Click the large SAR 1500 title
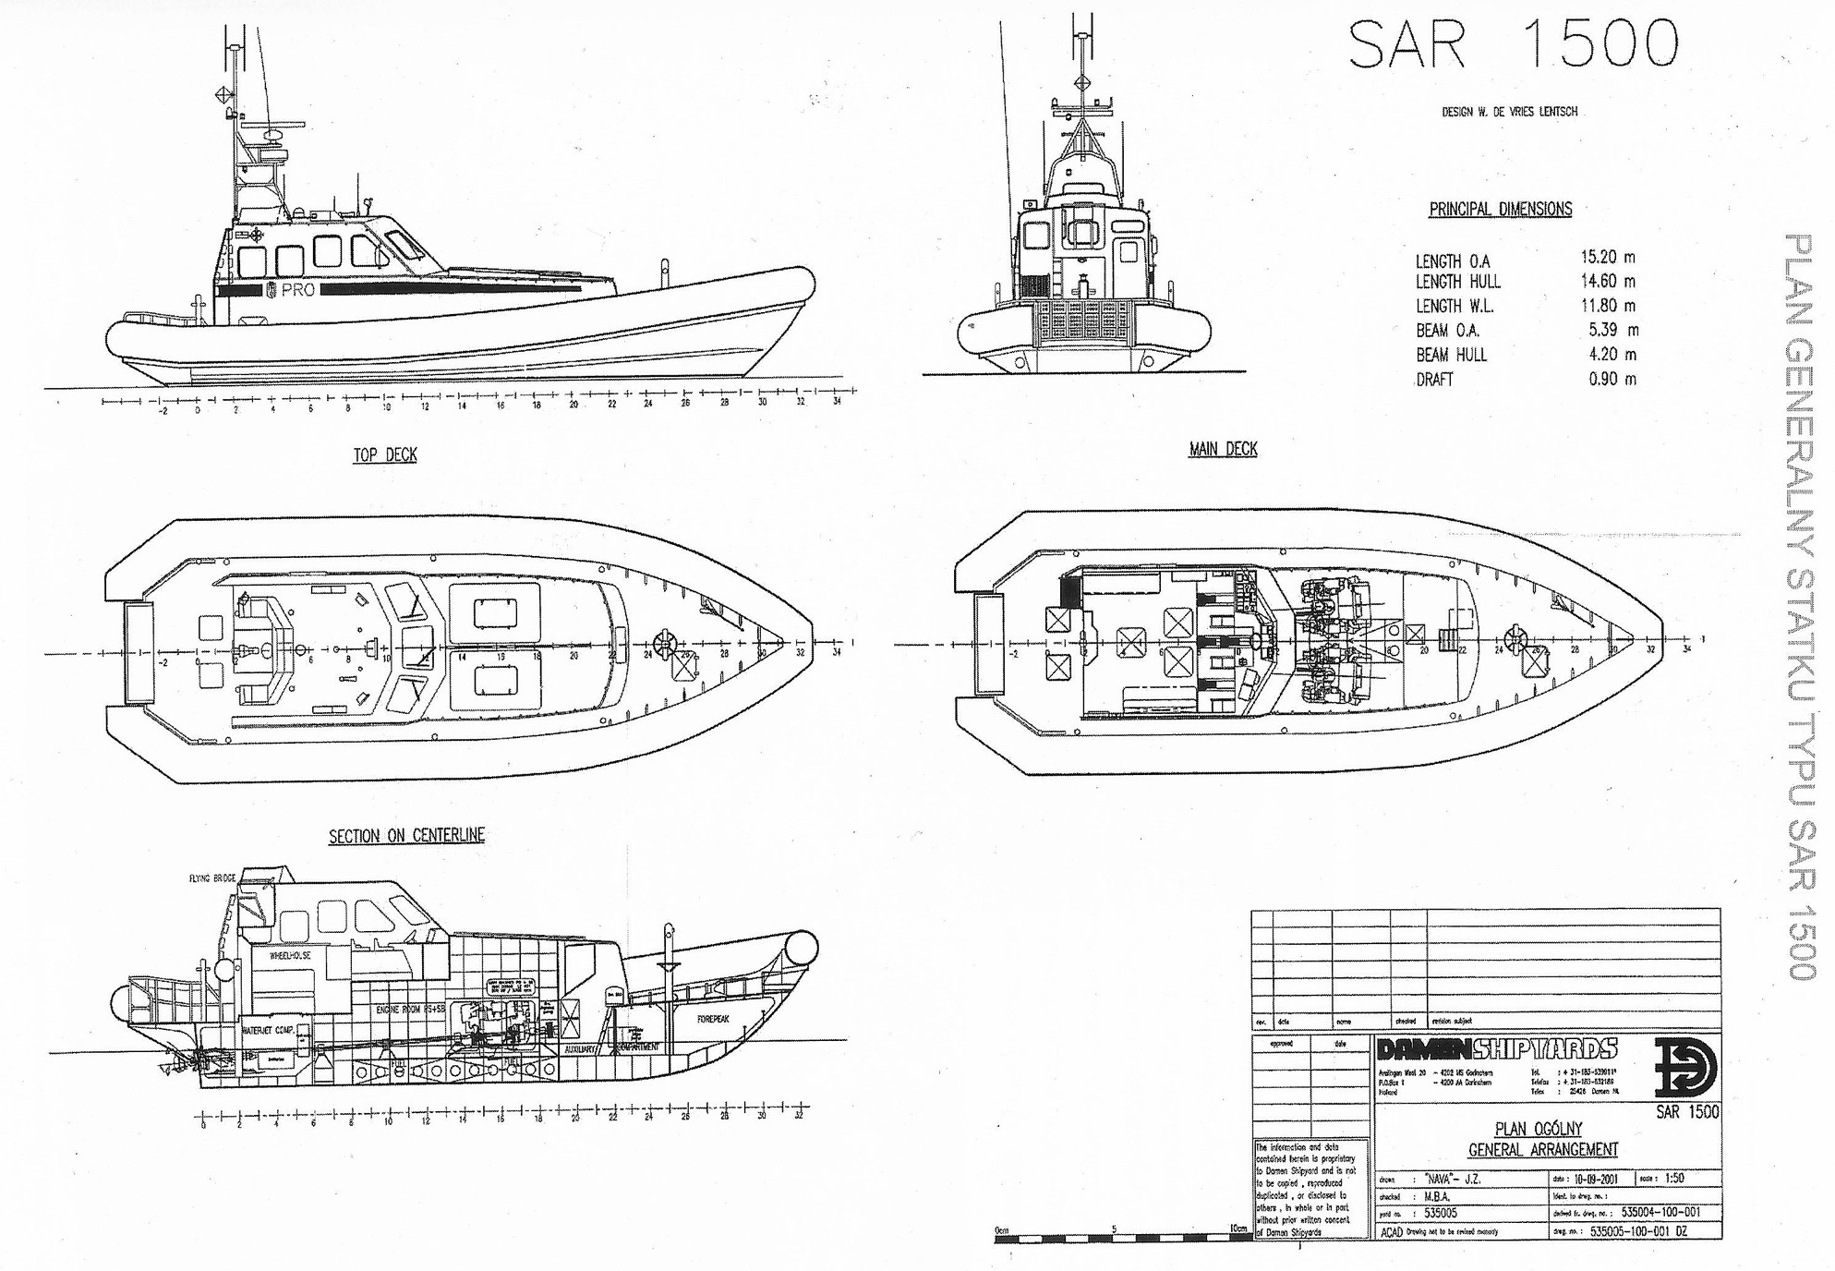tap(1513, 44)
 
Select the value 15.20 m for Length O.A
tap(1607, 257)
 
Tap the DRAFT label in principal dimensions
tap(1434, 380)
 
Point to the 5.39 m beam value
tap(1613, 330)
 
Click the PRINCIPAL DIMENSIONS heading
tap(1500, 210)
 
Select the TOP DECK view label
tap(385, 455)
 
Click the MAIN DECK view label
tap(1223, 450)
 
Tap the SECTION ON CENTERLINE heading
tap(406, 836)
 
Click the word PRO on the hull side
tap(298, 290)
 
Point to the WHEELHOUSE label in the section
tap(290, 956)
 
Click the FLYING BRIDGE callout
tap(212, 878)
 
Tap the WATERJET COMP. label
tap(268, 1030)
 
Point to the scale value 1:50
tap(1674, 1179)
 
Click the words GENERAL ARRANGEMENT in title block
tap(1542, 1150)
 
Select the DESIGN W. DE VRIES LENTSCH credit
tap(1509, 112)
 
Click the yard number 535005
tap(1441, 1214)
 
